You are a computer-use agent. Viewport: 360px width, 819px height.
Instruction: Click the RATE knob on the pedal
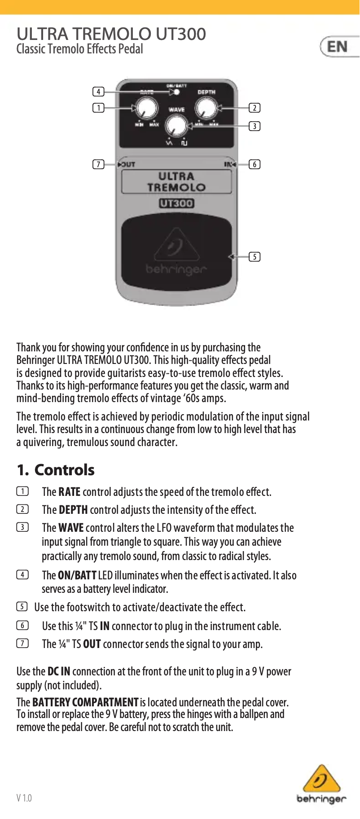(x=147, y=109)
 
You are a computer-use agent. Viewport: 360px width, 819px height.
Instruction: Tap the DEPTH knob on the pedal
(x=206, y=109)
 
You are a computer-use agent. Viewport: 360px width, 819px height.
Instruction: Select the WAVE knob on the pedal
(x=176, y=126)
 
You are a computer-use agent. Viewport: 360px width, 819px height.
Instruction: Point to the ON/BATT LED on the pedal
(x=177, y=92)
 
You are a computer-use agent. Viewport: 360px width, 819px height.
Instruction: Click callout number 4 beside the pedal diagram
(x=98, y=92)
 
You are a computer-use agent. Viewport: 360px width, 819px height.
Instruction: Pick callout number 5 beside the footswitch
(x=255, y=257)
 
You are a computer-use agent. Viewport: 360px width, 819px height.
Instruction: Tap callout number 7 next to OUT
(x=98, y=164)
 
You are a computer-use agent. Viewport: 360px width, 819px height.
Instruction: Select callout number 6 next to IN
(x=255, y=164)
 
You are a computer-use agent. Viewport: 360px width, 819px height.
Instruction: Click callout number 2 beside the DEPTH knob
(x=255, y=108)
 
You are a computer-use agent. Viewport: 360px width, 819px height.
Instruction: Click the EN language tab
(x=338, y=47)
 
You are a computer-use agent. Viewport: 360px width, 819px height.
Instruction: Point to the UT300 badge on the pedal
(x=176, y=203)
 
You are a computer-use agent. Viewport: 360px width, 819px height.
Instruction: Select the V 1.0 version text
(x=24, y=798)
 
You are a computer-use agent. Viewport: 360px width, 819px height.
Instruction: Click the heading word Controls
(x=64, y=470)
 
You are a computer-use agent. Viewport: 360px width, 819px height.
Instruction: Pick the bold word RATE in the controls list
(x=69, y=492)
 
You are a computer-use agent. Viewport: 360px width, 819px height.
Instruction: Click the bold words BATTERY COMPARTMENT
(x=85, y=702)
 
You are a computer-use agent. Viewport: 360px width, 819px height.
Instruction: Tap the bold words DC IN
(x=59, y=671)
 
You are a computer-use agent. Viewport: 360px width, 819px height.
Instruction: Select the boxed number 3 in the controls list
(x=22, y=527)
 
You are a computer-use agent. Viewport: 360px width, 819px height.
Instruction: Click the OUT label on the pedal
(x=127, y=164)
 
